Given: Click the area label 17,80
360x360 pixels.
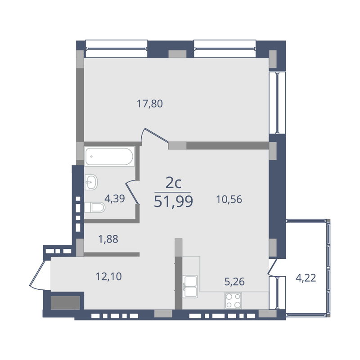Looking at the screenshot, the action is point(150,104).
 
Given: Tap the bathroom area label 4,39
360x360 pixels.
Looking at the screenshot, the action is point(115,198).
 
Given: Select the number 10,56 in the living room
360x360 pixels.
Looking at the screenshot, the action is point(229,199).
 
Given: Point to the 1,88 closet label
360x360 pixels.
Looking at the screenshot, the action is point(108,239).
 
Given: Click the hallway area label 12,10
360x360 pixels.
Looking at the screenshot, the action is point(108,277).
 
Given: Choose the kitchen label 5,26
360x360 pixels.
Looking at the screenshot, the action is point(234,282).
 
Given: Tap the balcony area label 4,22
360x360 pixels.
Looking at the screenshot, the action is point(306,278).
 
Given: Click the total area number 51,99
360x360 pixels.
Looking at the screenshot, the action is point(173,202).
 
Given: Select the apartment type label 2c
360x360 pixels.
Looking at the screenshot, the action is point(173,183).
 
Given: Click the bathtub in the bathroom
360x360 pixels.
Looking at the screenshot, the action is point(109,157).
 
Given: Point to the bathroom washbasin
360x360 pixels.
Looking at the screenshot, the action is point(91,182).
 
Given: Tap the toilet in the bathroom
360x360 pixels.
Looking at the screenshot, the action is point(94,207).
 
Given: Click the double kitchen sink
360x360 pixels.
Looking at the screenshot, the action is point(190,287).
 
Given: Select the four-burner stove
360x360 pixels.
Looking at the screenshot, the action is point(233,301).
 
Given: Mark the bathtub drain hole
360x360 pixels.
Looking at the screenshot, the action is point(91,157).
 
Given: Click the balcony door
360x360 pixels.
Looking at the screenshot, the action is point(273,267).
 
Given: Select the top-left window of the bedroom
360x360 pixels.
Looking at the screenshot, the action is point(117,49).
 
